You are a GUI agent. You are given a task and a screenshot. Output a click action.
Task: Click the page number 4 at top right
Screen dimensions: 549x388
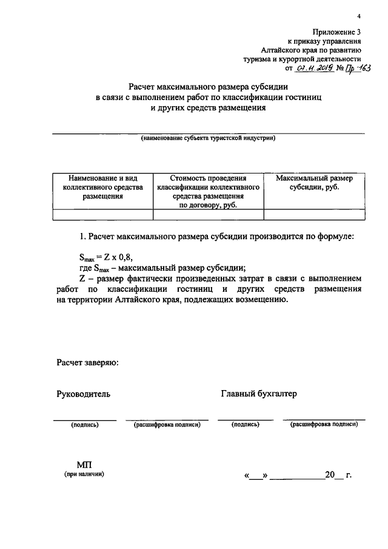coord(359,16)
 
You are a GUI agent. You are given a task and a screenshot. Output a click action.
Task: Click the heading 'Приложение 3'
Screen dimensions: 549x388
coord(337,32)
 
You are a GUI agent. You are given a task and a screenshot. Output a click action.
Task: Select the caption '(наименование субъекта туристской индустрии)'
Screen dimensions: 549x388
coord(208,138)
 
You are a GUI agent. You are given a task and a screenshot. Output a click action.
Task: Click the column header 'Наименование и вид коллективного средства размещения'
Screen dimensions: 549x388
coord(102,187)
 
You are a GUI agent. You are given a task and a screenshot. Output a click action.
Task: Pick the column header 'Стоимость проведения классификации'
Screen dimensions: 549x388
coord(208,192)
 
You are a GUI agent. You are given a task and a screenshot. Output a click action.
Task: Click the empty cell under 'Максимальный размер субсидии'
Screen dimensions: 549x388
coord(314,214)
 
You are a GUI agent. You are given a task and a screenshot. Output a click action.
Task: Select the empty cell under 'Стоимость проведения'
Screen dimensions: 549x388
coord(208,214)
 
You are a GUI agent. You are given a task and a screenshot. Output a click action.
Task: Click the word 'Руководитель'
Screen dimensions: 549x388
coord(84,394)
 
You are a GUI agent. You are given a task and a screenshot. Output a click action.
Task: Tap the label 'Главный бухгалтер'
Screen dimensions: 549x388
coord(259,394)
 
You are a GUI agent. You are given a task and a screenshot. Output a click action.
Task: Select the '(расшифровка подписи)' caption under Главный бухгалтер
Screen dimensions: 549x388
coord(324,425)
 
